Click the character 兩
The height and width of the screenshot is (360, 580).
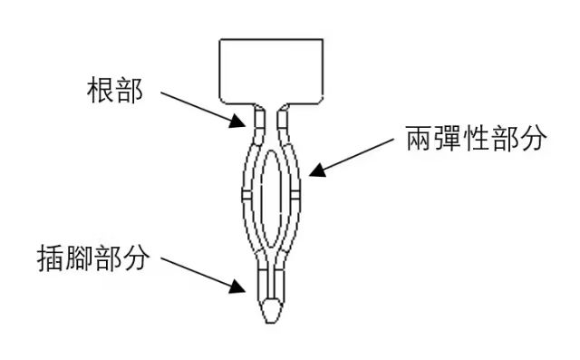[x=415, y=141]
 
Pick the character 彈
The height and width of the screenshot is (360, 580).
[x=444, y=141]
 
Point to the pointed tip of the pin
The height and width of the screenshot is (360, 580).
[x=271, y=312]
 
